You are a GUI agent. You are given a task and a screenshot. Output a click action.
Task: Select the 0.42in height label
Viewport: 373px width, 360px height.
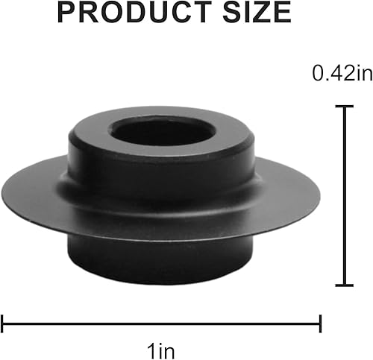tap(341, 73)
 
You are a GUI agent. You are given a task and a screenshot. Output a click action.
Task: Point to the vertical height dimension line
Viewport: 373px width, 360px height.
tap(344, 195)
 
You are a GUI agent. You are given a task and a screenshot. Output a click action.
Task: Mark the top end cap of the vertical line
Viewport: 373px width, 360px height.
tap(344, 106)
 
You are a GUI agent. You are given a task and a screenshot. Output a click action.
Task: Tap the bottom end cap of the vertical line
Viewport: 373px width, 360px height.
tap(344, 285)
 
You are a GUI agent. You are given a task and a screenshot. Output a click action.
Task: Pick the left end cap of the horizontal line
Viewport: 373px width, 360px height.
tap(3, 323)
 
